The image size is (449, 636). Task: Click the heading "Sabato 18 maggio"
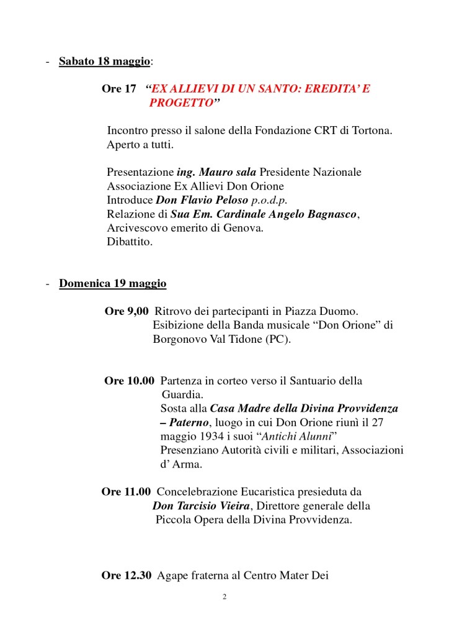coord(105,61)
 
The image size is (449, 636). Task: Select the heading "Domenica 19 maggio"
coord(112,284)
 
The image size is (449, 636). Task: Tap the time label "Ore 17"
coord(119,89)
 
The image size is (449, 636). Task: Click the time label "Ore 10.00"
coord(129,381)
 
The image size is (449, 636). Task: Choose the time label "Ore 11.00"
coord(126,492)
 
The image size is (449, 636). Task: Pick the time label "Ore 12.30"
coord(127,576)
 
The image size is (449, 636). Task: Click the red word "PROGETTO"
coord(180,103)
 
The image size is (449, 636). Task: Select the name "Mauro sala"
coord(229,172)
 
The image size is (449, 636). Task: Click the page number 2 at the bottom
coord(225,597)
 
